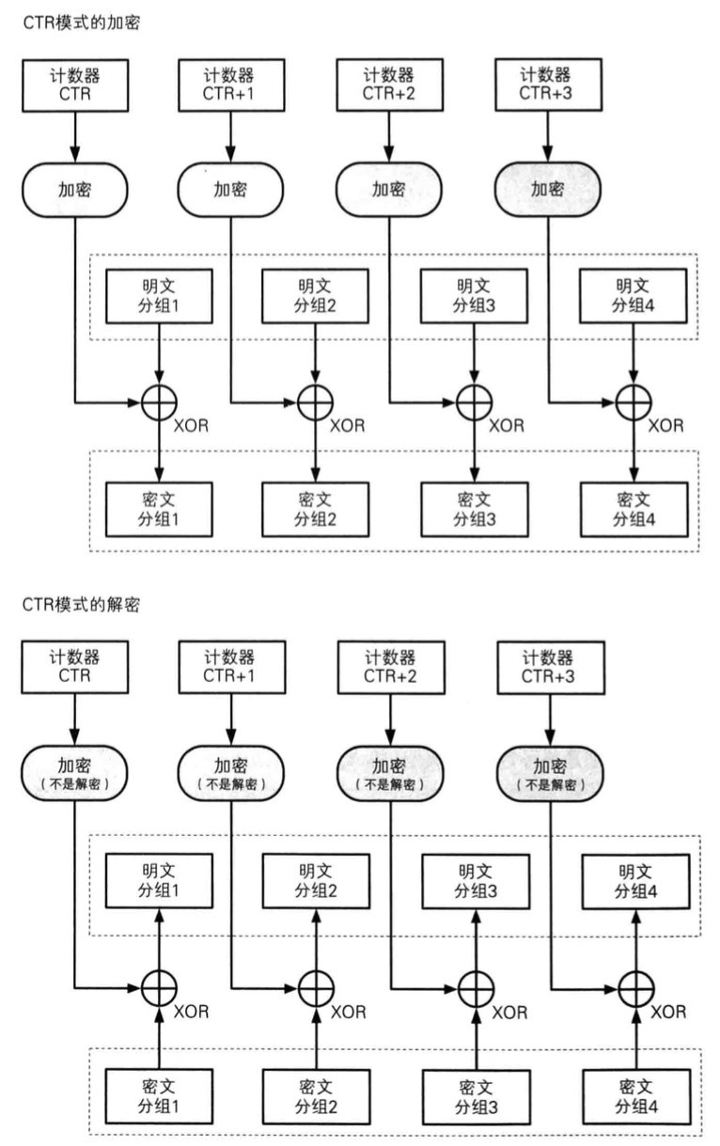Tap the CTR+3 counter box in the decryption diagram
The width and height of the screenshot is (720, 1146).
point(550,665)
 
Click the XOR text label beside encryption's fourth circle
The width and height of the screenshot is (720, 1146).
point(666,426)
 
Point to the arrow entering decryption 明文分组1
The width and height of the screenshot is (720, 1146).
point(159,935)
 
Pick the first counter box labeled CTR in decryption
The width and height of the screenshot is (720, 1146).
point(73,665)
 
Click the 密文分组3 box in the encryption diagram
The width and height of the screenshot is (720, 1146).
point(476,507)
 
